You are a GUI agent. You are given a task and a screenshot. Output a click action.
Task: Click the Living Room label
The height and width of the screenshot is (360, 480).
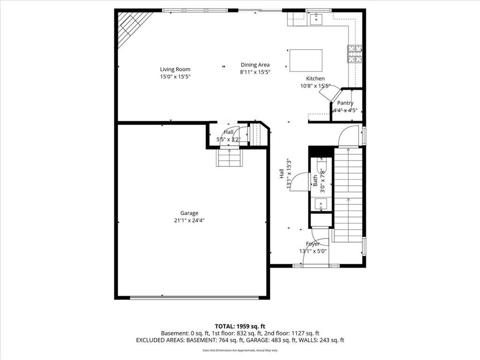pyautogui.click(x=175, y=69)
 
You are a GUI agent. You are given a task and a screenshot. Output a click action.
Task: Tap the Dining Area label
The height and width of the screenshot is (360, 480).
pyautogui.click(x=255, y=65)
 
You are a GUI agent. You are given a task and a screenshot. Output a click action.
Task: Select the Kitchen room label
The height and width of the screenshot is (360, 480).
pyautogui.click(x=315, y=79)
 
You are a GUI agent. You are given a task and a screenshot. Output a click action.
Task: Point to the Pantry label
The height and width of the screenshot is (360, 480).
pyautogui.click(x=345, y=103)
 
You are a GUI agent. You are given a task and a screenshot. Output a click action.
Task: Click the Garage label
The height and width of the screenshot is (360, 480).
pyautogui.click(x=189, y=213)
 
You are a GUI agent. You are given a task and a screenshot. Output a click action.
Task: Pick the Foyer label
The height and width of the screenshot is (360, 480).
pyautogui.click(x=313, y=244)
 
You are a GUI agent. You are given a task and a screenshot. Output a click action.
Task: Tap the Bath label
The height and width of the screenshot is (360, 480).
pyautogui.click(x=315, y=180)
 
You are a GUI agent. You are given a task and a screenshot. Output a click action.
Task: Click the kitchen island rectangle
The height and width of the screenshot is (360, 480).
pyautogui.click(x=306, y=60)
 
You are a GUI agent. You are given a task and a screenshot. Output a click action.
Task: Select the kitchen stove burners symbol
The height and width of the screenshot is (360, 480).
pyautogui.click(x=355, y=54)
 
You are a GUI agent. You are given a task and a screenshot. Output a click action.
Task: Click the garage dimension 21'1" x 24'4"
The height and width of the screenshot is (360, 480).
pyautogui.click(x=189, y=220)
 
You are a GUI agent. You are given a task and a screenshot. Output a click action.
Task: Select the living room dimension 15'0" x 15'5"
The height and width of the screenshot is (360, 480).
pyautogui.click(x=175, y=76)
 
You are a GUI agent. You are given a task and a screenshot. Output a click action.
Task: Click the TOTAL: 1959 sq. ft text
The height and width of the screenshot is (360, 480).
pyautogui.click(x=240, y=326)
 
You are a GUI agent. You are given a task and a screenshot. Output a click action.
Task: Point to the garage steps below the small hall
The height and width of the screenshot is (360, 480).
pyautogui.click(x=229, y=157)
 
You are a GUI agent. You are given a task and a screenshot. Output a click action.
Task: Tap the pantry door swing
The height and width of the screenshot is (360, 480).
pyautogui.click(x=329, y=92)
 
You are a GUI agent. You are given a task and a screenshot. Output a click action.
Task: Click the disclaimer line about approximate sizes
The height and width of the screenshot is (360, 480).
pyautogui.click(x=240, y=350)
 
